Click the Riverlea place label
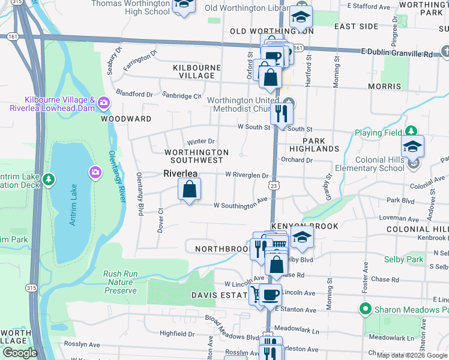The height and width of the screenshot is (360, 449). point(181,173)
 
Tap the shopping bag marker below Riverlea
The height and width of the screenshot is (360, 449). point(189,190)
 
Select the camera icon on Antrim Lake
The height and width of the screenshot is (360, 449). point(95,173)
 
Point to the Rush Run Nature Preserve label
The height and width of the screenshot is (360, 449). point(120,282)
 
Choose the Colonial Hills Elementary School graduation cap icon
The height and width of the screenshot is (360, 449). point(412,146)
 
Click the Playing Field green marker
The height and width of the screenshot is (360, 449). point(411,131)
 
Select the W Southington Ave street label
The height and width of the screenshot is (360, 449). point(240,205)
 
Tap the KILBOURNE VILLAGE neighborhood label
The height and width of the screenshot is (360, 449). point(194,71)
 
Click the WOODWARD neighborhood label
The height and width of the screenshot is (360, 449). point(126,119)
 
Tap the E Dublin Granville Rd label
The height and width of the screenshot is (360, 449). point(397,54)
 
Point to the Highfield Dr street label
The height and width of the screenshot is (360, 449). point(178,334)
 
